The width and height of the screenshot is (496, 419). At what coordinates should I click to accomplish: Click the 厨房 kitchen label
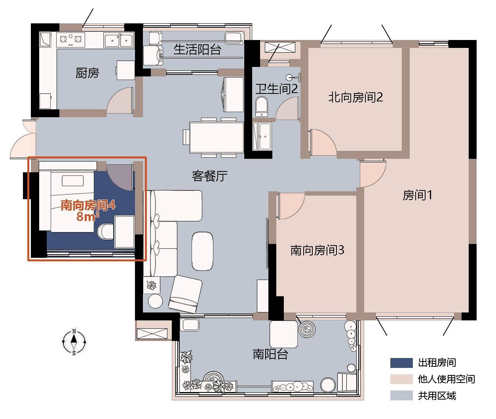pos(87,73)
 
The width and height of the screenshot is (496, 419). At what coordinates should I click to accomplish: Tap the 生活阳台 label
pos(198,50)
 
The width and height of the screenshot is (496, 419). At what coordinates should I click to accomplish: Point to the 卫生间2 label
pos(277,89)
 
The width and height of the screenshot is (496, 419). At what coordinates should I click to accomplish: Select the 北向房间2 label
pos(355,97)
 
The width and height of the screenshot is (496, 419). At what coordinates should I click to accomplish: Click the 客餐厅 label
pos(209,176)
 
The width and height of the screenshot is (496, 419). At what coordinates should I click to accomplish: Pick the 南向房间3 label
pos(317,250)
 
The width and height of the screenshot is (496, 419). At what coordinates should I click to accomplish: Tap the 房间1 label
pos(417,195)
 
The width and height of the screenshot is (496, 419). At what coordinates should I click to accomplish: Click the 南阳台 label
pos(271,354)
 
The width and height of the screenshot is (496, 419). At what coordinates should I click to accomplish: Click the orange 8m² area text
pos(87,217)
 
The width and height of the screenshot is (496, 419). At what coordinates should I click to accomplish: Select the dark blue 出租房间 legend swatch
pos(401,363)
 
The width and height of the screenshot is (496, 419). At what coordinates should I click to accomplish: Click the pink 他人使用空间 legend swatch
pos(401,379)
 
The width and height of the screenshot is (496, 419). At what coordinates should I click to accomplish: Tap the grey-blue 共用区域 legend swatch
pos(401,396)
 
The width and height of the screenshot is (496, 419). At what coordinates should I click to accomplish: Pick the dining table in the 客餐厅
pos(217,137)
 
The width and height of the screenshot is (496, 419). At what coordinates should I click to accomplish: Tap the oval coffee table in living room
pos(202,251)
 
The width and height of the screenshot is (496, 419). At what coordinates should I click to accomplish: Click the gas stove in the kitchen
pos(70,40)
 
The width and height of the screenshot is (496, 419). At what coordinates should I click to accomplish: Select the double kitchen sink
pos(119,40)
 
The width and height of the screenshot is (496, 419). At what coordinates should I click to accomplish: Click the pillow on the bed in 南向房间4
pos(73,181)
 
